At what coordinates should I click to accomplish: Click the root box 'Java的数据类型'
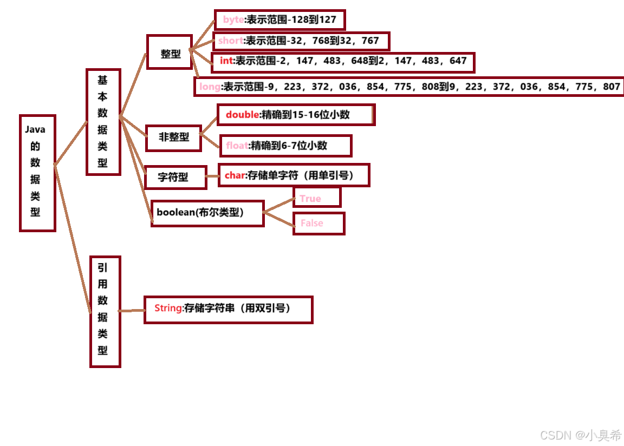point(37,173)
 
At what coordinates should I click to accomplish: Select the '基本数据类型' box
point(103,122)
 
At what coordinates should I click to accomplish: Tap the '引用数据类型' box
point(105,312)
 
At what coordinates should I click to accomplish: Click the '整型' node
point(170,53)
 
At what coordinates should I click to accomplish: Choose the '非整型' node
point(173,137)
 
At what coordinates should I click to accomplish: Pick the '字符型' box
point(175,177)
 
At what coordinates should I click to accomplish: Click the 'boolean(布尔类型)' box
point(207,213)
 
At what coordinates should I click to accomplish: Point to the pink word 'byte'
point(233,20)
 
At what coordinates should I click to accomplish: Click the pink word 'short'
point(231,41)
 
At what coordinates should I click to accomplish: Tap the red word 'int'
point(226,61)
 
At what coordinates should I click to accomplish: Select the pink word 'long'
point(210,86)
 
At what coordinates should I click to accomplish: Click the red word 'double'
point(243,114)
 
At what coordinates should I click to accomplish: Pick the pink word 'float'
point(237,145)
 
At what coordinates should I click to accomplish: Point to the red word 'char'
point(235,175)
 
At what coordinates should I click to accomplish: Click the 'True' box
point(316,198)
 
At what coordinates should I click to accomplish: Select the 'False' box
point(318,223)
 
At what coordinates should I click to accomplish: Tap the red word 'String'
point(168,308)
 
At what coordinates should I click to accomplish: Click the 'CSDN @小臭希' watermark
point(581,435)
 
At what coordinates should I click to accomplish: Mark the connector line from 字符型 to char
point(212,176)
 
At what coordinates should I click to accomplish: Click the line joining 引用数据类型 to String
point(132,311)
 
